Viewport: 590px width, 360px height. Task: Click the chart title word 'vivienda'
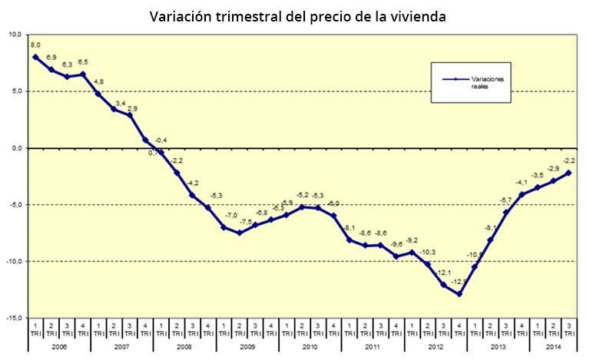click(416, 16)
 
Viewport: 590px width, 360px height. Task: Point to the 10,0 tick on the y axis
click(15, 35)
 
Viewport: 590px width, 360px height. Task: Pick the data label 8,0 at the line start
click(36, 46)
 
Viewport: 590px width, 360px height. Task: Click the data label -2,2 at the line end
click(569, 160)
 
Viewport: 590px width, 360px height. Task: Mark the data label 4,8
click(98, 82)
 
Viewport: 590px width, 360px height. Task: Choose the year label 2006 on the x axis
click(59, 347)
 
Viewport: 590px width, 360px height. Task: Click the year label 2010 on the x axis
click(310, 347)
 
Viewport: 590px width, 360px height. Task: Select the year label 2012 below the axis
click(436, 347)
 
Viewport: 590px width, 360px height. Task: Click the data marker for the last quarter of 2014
click(568, 173)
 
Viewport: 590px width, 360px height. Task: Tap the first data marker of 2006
click(36, 57)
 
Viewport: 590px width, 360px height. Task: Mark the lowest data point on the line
click(459, 294)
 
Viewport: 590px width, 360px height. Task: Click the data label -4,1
click(522, 183)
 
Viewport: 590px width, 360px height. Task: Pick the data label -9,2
click(413, 241)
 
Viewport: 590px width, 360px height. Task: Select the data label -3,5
click(538, 176)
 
